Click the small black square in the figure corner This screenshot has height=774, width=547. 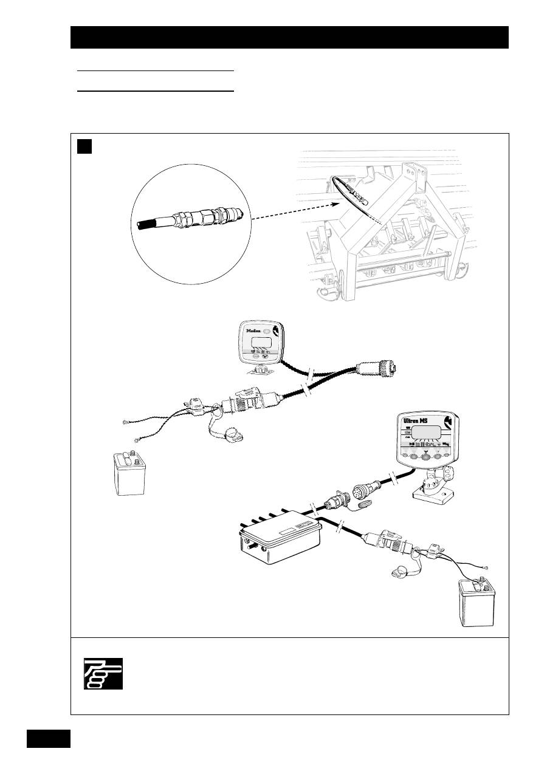click(x=84, y=146)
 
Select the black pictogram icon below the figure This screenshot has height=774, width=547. click(x=103, y=674)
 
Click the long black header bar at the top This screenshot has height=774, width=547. click(x=289, y=37)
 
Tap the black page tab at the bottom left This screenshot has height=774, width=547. click(x=49, y=738)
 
